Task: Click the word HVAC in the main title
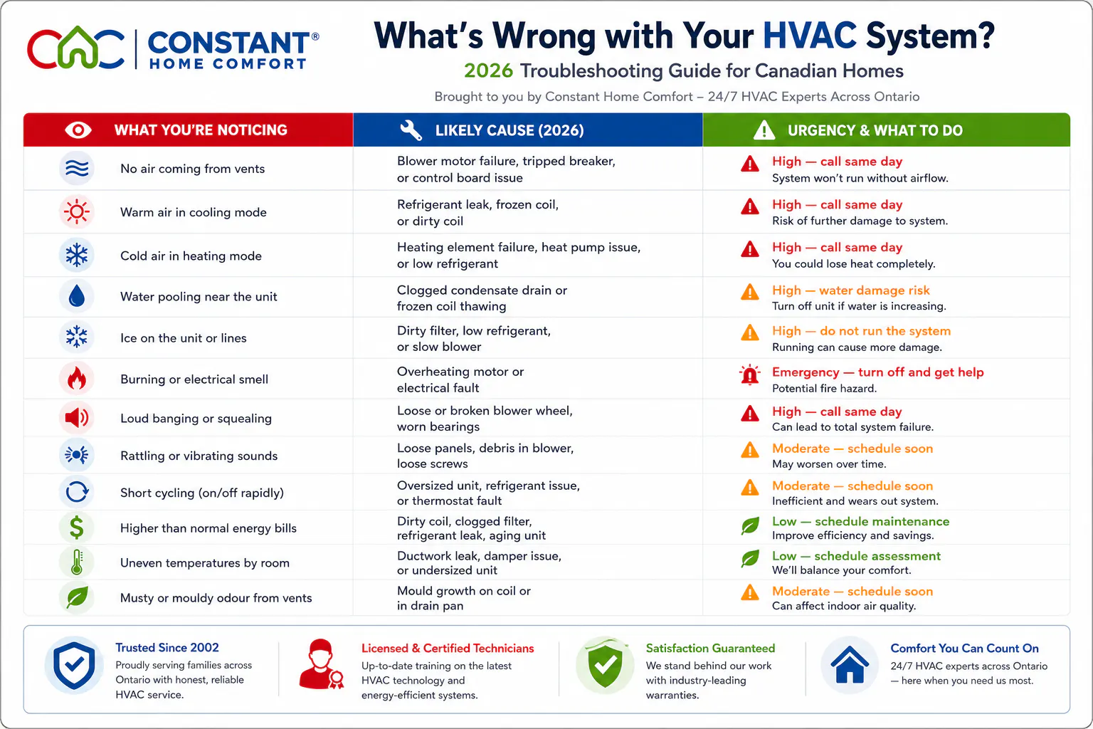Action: point(809,36)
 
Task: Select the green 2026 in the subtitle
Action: point(488,71)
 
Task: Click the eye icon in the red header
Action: point(78,130)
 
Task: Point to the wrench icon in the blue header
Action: point(411,130)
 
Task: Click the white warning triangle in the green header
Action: point(764,130)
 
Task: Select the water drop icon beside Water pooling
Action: point(77,296)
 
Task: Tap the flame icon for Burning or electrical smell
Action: point(77,379)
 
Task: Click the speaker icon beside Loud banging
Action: point(77,418)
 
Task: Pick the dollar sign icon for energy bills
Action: point(77,528)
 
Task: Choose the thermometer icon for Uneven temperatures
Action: point(77,562)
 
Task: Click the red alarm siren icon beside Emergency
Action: point(749,375)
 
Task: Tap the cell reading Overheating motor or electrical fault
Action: point(460,380)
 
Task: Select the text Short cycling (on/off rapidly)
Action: point(202,493)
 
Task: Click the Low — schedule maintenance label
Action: point(861,522)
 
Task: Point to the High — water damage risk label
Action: point(851,290)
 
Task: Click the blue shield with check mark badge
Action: point(74,665)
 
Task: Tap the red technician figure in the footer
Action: point(321,664)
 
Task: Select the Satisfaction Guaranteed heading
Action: point(710,648)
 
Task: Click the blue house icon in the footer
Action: point(850,664)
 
